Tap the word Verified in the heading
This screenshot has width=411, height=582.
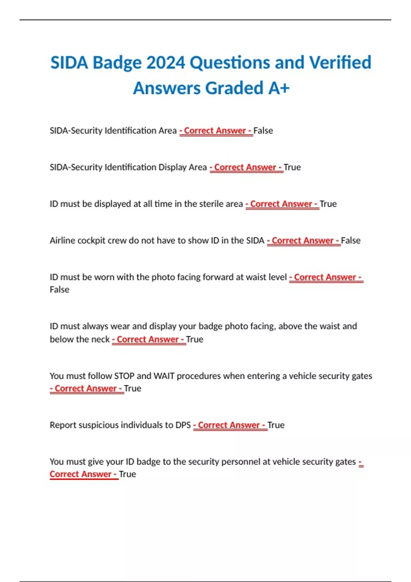(x=340, y=63)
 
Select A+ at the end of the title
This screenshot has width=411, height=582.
(x=279, y=88)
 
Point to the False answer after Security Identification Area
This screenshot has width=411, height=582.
(x=263, y=131)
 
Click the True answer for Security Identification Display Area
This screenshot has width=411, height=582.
(x=292, y=167)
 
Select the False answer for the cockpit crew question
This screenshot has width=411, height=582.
(x=351, y=241)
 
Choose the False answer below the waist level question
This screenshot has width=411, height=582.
(x=60, y=290)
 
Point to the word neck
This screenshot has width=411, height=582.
(x=101, y=340)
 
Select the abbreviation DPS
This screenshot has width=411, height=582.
(x=183, y=425)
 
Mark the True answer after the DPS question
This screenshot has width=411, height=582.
(x=276, y=425)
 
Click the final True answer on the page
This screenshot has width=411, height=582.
(x=127, y=475)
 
